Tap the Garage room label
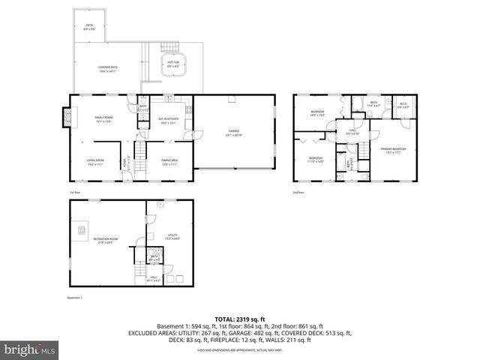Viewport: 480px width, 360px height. point(235,133)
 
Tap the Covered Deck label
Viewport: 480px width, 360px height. point(108,69)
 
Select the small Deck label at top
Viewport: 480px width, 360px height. point(88,27)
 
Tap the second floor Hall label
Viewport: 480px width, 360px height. point(351,132)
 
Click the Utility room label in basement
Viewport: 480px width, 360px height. point(172,237)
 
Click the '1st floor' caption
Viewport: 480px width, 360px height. point(74,192)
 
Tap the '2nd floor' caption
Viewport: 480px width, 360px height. point(298,192)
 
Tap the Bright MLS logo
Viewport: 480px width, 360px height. point(28,349)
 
